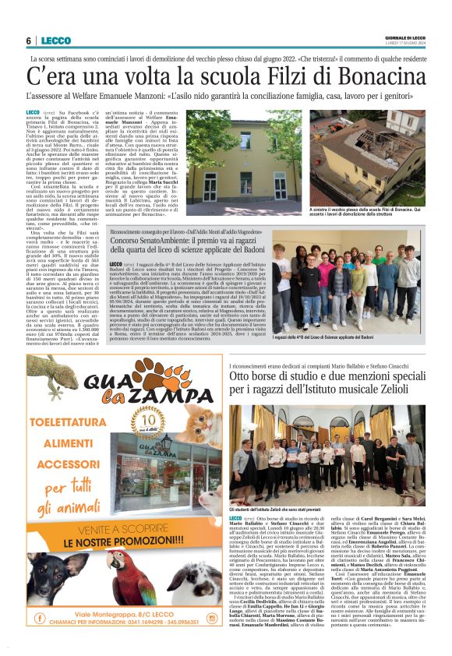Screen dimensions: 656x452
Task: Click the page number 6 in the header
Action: coord(29,41)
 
